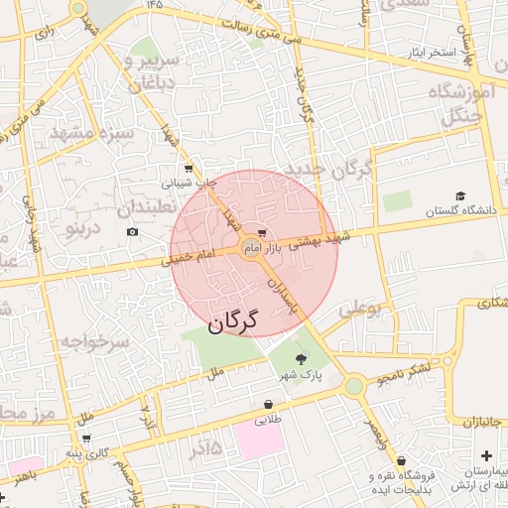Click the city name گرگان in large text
point(232,322)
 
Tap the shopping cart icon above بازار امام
point(261,228)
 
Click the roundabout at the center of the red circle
point(252,250)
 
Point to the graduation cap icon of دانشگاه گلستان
point(459,195)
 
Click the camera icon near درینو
point(132,232)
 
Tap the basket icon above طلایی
point(268,404)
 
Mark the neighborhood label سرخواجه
point(94,341)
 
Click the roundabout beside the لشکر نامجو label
point(353,386)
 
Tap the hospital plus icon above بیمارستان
point(484,454)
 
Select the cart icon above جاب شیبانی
point(188,168)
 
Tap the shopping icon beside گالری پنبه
point(86,438)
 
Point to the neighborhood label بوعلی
point(359,310)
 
